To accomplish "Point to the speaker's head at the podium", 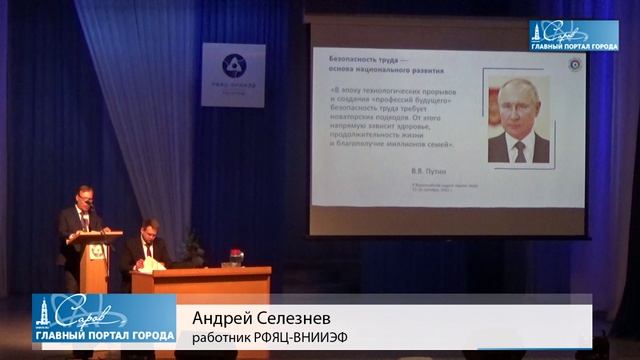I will pyautogui.click(x=86, y=197).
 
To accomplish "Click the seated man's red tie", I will pyautogui.click(x=150, y=246).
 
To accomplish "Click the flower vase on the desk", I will pyautogui.click(x=236, y=258).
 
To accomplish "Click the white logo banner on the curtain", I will pyautogui.click(x=233, y=75).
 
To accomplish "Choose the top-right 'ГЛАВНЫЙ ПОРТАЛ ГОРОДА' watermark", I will pyautogui.click(x=574, y=42).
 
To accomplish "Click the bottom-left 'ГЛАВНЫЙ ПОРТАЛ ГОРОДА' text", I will pyautogui.click(x=104, y=335).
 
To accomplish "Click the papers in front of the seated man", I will pyautogui.click(x=152, y=266).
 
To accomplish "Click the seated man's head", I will pyautogui.click(x=149, y=229).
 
